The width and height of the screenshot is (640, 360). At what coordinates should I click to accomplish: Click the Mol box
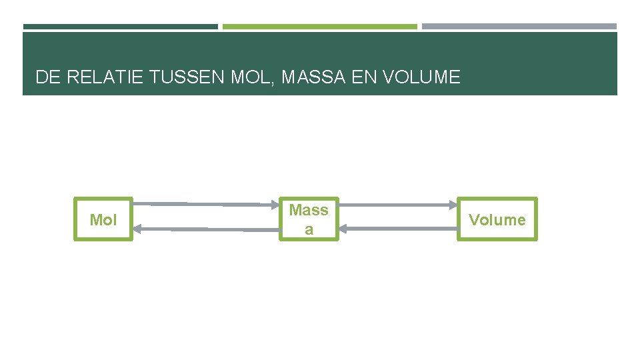103,219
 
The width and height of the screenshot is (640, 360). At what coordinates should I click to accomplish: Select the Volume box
497,219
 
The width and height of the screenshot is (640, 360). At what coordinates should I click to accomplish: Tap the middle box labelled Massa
309,219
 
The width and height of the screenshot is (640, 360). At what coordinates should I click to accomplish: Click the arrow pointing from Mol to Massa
207,203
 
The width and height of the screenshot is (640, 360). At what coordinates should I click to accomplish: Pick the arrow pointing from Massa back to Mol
207,229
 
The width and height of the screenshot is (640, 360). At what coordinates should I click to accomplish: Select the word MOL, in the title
252,77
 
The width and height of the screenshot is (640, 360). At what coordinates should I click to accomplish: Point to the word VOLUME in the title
421,77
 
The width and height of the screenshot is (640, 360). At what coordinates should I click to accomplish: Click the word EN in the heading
363,77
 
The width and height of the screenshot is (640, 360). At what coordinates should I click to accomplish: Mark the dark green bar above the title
120,27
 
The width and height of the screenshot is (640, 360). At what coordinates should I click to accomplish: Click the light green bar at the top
319,27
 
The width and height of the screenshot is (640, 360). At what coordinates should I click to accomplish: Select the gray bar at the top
519,27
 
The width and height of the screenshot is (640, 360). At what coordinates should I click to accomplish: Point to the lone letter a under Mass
309,231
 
